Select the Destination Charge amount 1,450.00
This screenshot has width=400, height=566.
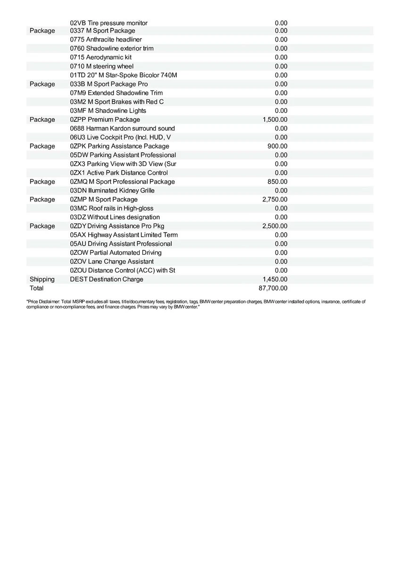275,279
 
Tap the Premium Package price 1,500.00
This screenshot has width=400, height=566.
275,119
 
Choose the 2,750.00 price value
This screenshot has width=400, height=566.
275,200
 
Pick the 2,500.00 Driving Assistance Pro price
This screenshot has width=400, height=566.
275,226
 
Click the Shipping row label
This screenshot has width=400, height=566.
42,279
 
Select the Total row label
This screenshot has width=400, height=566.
36,288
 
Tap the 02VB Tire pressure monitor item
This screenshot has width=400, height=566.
108,23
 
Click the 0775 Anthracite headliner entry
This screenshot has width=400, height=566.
106,40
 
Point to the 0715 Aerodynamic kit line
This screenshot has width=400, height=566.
100,57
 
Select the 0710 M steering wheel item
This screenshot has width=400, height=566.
101,66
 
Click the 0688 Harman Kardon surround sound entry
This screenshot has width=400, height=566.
122,128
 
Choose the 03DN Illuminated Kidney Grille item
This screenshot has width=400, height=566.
112,191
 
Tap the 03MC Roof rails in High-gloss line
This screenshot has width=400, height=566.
111,208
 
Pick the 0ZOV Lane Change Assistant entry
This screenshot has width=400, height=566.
111,261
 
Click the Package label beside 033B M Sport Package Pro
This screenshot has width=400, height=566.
42,84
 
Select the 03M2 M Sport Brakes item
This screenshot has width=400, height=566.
117,102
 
